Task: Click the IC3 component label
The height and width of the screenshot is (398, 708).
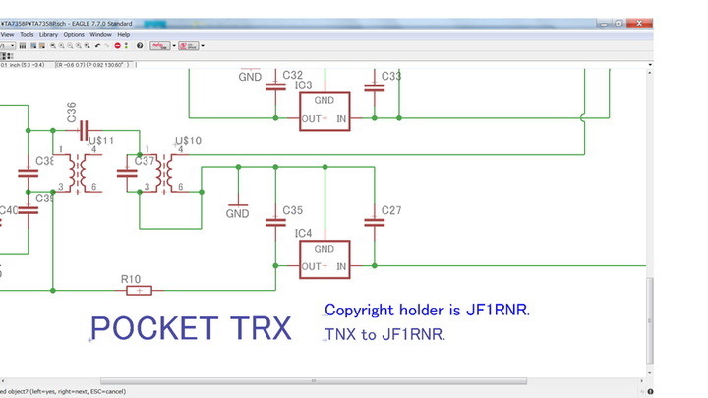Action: point(303,86)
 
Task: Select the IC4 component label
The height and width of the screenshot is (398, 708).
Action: point(303,234)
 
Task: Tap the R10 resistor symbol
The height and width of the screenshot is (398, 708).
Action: point(140,290)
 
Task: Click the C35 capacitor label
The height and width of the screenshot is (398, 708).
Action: point(292,210)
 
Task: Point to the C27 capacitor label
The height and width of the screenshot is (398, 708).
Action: point(391,210)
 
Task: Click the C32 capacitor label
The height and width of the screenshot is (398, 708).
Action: point(292,75)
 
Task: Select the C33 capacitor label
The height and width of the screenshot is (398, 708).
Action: point(391,76)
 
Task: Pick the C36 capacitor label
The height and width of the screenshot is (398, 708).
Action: point(72,114)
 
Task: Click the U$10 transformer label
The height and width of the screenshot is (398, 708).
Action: point(188,142)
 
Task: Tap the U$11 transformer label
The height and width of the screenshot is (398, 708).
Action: point(101,142)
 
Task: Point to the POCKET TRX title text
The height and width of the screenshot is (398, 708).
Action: point(191,328)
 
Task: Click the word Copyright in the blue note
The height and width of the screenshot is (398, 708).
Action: point(360,311)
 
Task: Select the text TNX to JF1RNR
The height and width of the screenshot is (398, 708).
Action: point(385,335)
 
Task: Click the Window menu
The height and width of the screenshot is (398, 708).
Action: point(100,34)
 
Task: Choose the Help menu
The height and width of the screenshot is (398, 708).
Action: point(124,34)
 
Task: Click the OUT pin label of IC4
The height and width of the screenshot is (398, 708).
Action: point(312,266)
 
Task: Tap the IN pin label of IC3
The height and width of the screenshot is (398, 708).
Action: point(341,118)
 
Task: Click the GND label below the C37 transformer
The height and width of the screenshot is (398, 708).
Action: point(238,213)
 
